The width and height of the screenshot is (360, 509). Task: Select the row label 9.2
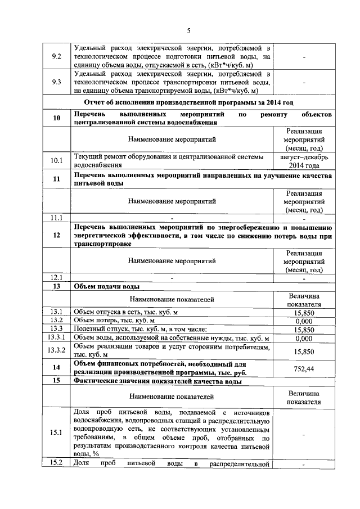pyautogui.click(x=56, y=57)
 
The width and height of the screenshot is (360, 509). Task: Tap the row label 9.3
pyautogui.click(x=56, y=82)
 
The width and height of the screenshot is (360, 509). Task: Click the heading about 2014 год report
pyautogui.click(x=188, y=102)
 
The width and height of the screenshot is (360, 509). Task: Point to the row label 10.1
pyautogui.click(x=56, y=161)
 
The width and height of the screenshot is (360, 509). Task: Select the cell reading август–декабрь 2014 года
pyautogui.click(x=304, y=161)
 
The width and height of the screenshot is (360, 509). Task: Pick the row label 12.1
pyautogui.click(x=56, y=277)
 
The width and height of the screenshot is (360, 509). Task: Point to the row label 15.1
pyautogui.click(x=56, y=433)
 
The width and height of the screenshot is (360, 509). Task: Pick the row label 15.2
pyautogui.click(x=56, y=463)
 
